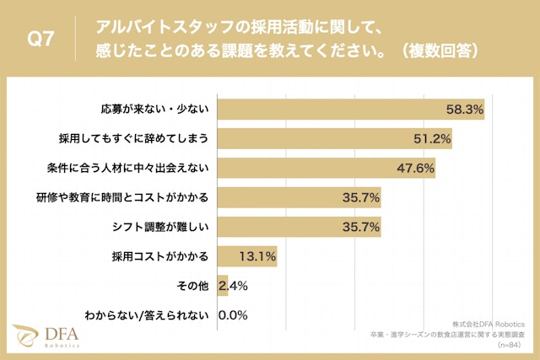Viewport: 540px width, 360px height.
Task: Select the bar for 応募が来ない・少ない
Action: [x=350, y=109]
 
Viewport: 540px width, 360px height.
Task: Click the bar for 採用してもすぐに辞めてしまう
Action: [x=334, y=138]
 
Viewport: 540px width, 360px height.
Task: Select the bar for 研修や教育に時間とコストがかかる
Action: [x=300, y=197]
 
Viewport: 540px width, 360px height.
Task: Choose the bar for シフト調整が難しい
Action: [x=300, y=227]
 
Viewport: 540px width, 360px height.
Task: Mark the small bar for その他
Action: [x=223, y=286]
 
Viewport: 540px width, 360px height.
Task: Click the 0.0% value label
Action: [x=232, y=315]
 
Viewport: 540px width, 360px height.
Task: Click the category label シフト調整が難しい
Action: [x=165, y=227]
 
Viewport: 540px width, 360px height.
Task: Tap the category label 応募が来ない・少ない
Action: [x=159, y=109]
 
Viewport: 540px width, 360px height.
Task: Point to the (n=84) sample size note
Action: [x=509, y=345]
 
